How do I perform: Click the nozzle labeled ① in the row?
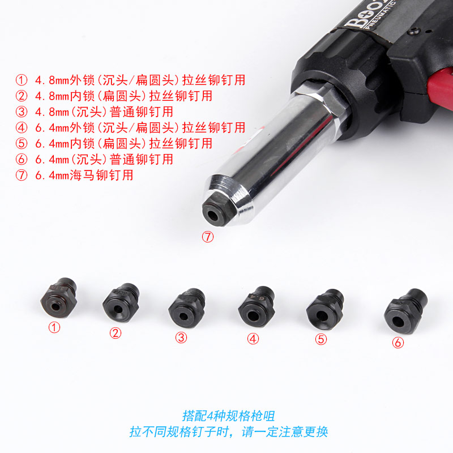(59, 298)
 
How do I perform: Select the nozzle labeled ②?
(121, 302)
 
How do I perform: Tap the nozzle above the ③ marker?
(187, 307)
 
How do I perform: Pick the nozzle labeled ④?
(257, 306)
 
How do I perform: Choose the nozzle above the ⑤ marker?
(325, 309)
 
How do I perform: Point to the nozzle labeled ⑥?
(405, 311)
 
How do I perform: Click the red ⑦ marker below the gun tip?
(208, 237)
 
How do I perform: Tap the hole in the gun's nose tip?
(213, 215)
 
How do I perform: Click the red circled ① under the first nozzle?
(54, 328)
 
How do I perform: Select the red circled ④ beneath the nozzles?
(253, 339)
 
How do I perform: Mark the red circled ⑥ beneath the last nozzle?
(398, 343)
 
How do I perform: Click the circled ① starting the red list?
(22, 80)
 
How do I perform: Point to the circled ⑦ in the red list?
(22, 175)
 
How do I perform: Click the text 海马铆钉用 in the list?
(101, 175)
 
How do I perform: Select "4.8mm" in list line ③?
(52, 112)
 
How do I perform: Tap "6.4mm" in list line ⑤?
(52, 144)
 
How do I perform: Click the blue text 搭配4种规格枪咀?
(228, 416)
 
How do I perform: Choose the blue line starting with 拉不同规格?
(229, 432)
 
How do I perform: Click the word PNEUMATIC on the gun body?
(380, 15)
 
